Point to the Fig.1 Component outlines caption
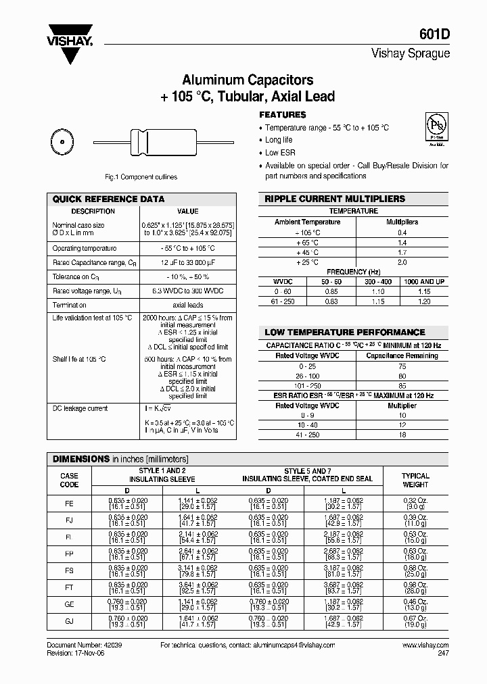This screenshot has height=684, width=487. click(141, 177)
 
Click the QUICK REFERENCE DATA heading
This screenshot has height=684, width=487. click(108, 199)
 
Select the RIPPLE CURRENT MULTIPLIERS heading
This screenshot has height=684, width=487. click(335, 199)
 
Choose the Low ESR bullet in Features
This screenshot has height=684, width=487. click(280, 153)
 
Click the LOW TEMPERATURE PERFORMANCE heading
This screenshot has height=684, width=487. click(344, 333)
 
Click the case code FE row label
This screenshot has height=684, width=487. click(69, 504)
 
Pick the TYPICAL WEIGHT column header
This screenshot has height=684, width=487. click(415, 480)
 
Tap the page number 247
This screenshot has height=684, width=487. click(442, 654)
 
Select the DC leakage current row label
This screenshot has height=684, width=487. click(80, 408)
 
